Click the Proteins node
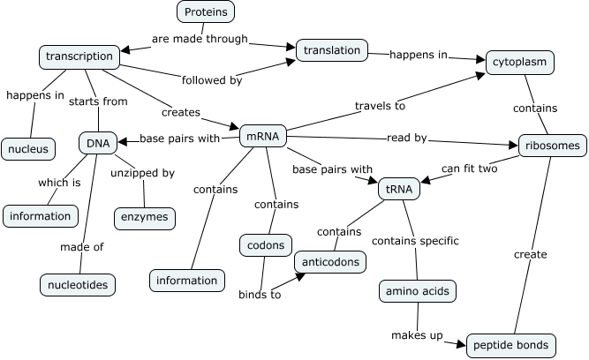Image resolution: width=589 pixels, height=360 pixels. click(206, 11)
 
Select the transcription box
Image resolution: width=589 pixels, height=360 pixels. click(79, 56)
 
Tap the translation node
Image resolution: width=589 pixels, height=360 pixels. click(331, 51)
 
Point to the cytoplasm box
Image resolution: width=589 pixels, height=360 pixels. click(520, 63)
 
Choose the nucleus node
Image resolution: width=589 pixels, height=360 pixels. click(28, 149)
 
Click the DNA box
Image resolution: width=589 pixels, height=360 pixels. click(97, 142)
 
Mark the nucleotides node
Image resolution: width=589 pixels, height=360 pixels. click(78, 284)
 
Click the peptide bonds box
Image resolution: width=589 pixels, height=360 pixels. click(511, 345)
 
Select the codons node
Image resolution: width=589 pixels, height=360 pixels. click(266, 244)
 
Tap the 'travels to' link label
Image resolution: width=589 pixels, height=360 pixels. click(380, 107)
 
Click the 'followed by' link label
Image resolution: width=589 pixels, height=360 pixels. click(211, 80)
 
